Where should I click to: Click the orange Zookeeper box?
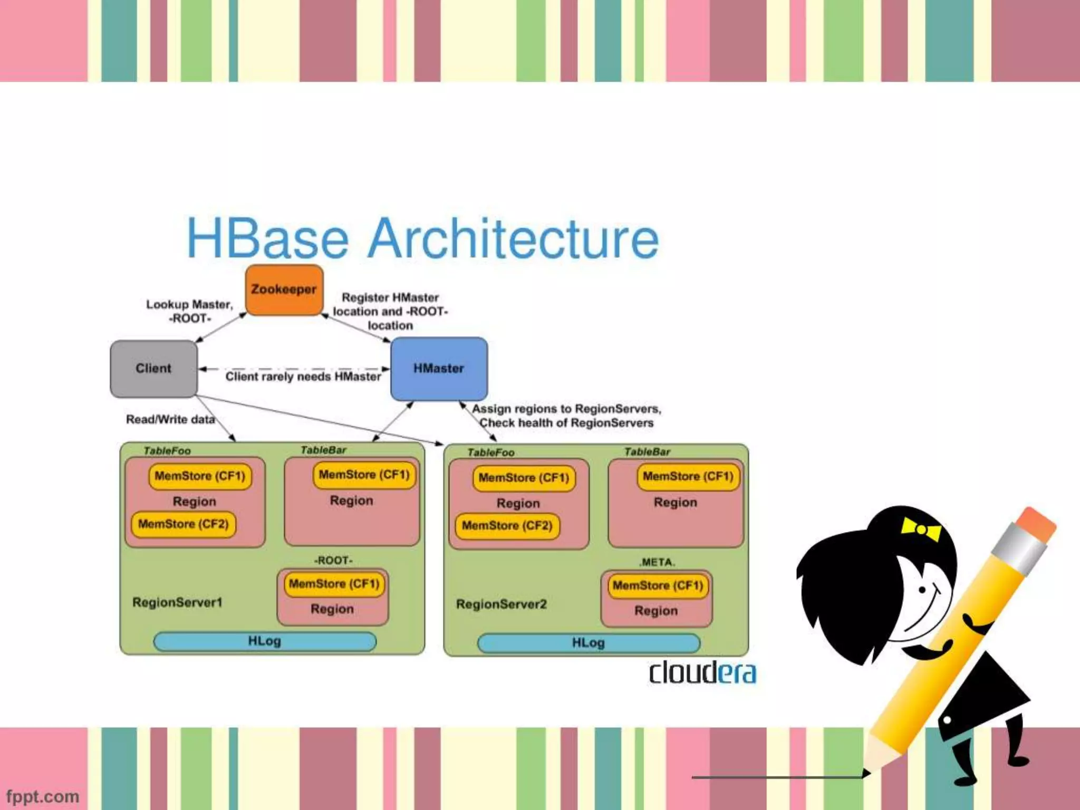(284, 290)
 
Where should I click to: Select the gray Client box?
(153, 368)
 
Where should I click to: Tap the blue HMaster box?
(439, 368)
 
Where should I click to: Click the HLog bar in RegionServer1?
(265, 641)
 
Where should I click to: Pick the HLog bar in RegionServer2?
(589, 643)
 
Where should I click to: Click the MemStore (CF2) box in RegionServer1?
(184, 524)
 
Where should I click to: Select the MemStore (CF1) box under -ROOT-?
(334, 584)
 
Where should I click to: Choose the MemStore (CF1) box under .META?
(658, 585)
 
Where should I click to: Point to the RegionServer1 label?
(177, 602)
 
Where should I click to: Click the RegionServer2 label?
(501, 604)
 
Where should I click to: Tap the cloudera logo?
(702, 672)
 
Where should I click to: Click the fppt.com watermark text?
(43, 796)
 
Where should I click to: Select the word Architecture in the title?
(513, 238)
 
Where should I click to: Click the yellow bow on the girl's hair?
(921, 529)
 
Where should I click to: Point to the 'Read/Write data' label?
(170, 419)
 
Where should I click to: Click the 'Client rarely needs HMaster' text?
(303, 377)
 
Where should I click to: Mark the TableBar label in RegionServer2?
(647, 452)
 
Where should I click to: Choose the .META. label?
(657, 562)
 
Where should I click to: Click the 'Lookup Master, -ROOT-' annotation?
(189, 311)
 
